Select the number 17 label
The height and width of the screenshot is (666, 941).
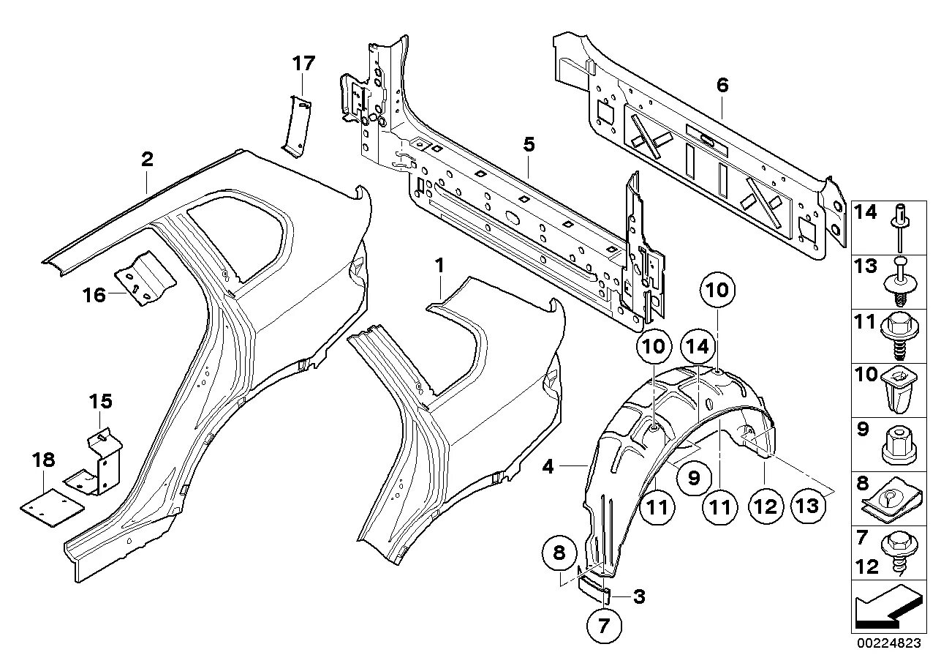[x=303, y=64]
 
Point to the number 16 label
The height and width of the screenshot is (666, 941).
[x=94, y=295]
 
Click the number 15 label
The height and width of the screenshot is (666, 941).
[x=101, y=402]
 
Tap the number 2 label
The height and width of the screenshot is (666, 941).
[x=147, y=159]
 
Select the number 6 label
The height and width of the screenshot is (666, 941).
[x=722, y=86]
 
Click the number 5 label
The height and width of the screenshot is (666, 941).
[x=529, y=145]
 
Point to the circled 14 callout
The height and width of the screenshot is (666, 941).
[x=698, y=347]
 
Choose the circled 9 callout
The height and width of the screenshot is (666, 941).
[x=693, y=479]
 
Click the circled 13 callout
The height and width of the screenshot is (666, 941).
[x=808, y=506]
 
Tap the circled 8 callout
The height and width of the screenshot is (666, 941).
[x=559, y=554]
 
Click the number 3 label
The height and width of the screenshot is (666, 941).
[x=639, y=596]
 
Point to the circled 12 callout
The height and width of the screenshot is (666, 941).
[x=765, y=506]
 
